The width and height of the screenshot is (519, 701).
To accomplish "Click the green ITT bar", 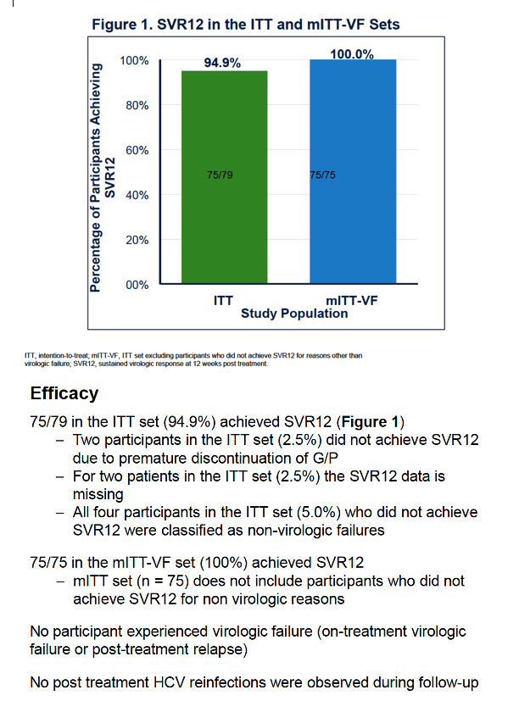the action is [224, 177].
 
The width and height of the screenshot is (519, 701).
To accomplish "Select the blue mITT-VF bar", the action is [353, 171].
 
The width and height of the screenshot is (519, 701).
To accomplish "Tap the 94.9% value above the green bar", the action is [222, 63].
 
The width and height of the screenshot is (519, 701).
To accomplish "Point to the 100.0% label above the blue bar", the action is [352, 54].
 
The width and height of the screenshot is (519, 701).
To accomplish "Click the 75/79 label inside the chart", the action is [220, 175].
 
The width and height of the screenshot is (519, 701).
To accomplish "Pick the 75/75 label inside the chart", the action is [322, 175].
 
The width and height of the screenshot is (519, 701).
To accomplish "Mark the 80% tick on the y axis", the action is [137, 105].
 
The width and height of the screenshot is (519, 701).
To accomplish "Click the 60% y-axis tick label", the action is [137, 150].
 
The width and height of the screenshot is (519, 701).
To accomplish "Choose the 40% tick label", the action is [137, 195].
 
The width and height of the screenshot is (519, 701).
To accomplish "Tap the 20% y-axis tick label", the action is [137, 240].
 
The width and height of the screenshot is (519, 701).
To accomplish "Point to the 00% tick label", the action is [137, 285].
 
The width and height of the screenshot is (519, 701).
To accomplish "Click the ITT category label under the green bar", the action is [223, 300].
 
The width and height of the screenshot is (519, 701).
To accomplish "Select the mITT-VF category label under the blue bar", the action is [352, 300].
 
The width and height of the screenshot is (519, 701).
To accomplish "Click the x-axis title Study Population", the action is [294, 314].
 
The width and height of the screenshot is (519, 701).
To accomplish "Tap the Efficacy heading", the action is [64, 393].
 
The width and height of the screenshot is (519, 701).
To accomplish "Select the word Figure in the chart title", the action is [114, 24].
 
